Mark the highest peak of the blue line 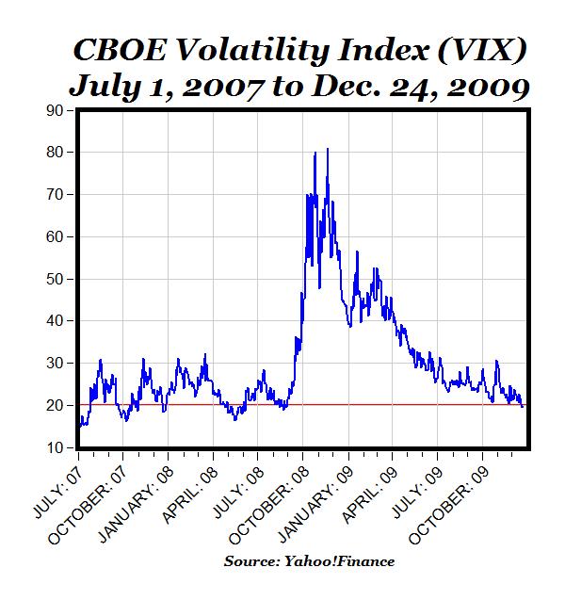327,149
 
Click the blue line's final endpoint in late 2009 524,407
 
